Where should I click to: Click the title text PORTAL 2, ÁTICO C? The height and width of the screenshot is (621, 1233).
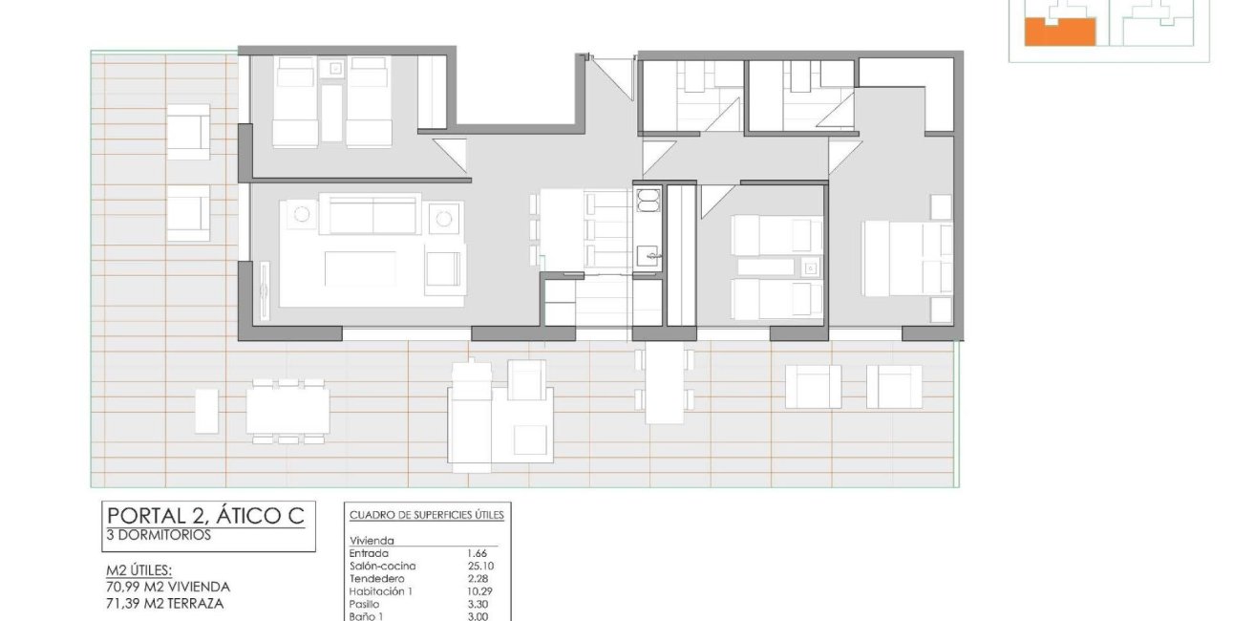pos(205,516)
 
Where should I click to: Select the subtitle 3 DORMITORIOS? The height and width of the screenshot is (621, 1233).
pos(159,535)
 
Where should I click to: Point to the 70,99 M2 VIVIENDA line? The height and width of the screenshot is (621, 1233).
pos(168,587)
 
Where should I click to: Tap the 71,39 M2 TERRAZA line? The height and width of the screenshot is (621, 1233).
pos(164,604)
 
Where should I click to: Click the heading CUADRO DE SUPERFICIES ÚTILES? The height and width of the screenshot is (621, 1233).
pos(427,515)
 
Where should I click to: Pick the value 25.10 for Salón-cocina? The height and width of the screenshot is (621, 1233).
pos(480,566)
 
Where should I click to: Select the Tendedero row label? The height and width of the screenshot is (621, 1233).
pos(376,579)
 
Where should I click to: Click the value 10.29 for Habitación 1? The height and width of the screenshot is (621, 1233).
pos(479,591)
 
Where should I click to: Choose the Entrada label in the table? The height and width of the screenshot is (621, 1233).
pos(369,553)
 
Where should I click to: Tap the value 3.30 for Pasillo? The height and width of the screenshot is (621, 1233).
pos(478,604)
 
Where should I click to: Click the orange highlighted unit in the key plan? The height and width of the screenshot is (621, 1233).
pos(1059,32)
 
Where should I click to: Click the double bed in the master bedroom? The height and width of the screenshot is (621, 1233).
pos(907,258)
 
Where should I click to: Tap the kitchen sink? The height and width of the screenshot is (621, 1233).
pos(648,256)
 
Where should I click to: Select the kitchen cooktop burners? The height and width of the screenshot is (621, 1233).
pos(648,201)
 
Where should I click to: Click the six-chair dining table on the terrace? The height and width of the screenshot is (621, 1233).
pos(287,411)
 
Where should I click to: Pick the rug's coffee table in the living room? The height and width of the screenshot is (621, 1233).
pos(360,268)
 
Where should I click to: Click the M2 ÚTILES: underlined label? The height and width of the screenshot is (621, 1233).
pos(138,571)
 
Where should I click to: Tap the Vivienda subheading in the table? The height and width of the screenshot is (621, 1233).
pos(372,541)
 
